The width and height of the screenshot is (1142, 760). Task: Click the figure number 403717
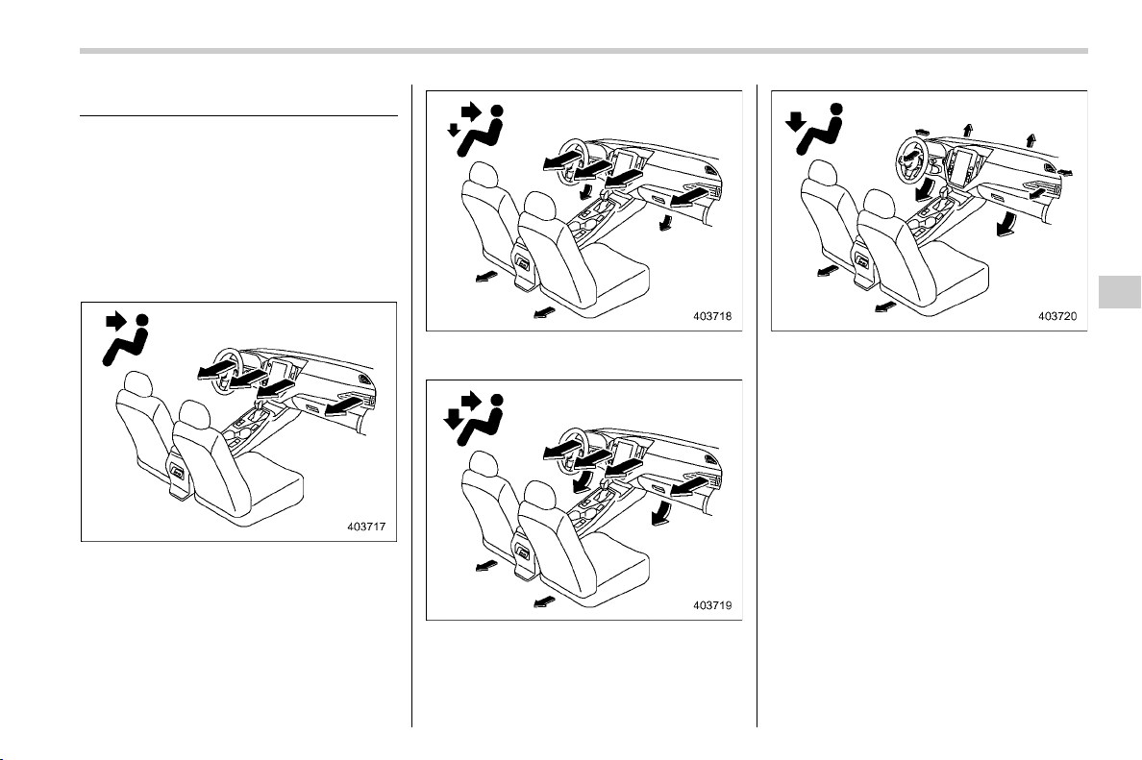(x=366, y=527)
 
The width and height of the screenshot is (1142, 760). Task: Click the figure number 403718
(x=712, y=316)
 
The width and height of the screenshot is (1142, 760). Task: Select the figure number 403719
(x=712, y=605)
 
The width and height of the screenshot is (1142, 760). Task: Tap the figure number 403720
(x=1057, y=316)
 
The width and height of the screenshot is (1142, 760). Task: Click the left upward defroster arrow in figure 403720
(x=967, y=130)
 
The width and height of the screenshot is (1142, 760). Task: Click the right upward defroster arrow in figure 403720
(x=1030, y=139)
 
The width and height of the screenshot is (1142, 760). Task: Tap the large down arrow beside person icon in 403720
(x=795, y=120)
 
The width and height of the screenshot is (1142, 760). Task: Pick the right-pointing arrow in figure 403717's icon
(x=115, y=320)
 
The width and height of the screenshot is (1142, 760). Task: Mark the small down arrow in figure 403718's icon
(x=454, y=130)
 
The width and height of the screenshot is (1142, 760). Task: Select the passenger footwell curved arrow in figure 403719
(x=661, y=511)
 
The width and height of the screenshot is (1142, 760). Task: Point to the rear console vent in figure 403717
(x=177, y=473)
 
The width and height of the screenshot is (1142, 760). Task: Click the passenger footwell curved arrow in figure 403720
(x=1006, y=224)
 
